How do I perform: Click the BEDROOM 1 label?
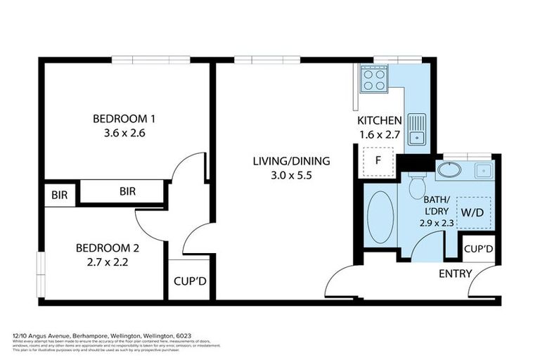[x=124, y=118]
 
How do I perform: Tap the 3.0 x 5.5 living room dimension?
[x=291, y=175]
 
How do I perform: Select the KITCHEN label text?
[x=380, y=120]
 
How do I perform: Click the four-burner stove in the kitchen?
[x=373, y=79]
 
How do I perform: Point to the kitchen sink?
[x=417, y=129]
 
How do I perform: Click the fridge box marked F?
[x=378, y=161]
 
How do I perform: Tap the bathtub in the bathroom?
[x=380, y=217]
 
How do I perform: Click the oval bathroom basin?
[x=449, y=169]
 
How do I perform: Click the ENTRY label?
[x=454, y=273]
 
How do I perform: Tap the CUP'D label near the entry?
[x=478, y=249]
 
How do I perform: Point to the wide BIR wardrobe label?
[x=127, y=191]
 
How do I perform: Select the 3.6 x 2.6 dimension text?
[x=124, y=132]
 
